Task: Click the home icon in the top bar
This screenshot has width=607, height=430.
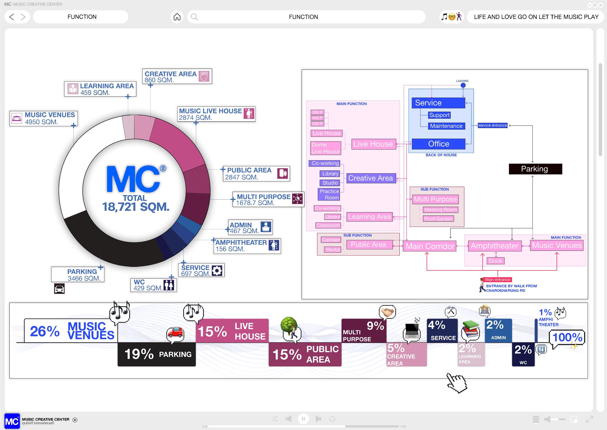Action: tap(177, 17)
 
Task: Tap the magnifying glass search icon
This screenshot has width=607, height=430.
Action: tap(194, 17)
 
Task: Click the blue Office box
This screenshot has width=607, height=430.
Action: tap(438, 144)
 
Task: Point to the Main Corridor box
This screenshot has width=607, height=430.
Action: tap(430, 246)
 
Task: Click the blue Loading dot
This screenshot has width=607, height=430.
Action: tap(463, 85)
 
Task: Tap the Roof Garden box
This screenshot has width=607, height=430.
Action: tap(438, 219)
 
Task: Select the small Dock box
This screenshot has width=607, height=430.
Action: tap(495, 261)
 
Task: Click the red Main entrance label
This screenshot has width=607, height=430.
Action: tap(497, 280)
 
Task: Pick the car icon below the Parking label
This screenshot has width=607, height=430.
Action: tap(59, 289)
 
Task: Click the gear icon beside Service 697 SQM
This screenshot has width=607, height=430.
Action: tap(217, 270)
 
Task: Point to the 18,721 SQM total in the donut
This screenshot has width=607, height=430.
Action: tap(136, 207)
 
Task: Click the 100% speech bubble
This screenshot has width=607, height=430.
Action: tap(567, 337)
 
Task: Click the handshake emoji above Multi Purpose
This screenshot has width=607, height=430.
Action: tap(387, 312)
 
